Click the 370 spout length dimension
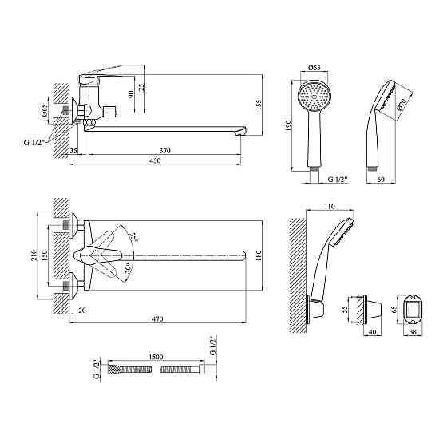[164, 150]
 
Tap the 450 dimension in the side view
[155, 160]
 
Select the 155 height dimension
[259, 105]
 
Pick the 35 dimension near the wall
[73, 151]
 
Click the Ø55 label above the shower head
[314, 68]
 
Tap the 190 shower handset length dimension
[288, 125]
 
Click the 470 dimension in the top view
[157, 318]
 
